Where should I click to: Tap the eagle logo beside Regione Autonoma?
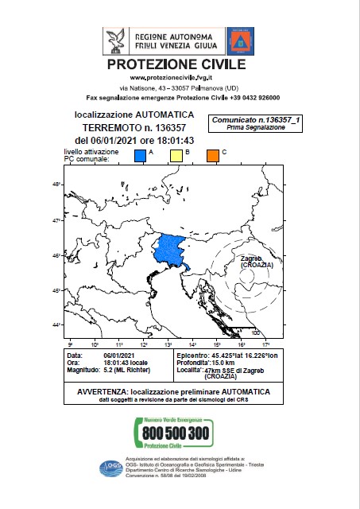pos(117,41)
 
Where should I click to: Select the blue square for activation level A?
pos(140,156)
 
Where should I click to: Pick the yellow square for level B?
pos(177,156)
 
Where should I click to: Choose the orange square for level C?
pos(213,156)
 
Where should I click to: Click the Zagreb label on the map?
pos(251,258)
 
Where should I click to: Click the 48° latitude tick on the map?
pos(56,185)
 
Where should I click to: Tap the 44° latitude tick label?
pos(56,324)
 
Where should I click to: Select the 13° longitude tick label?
pos(168,344)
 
